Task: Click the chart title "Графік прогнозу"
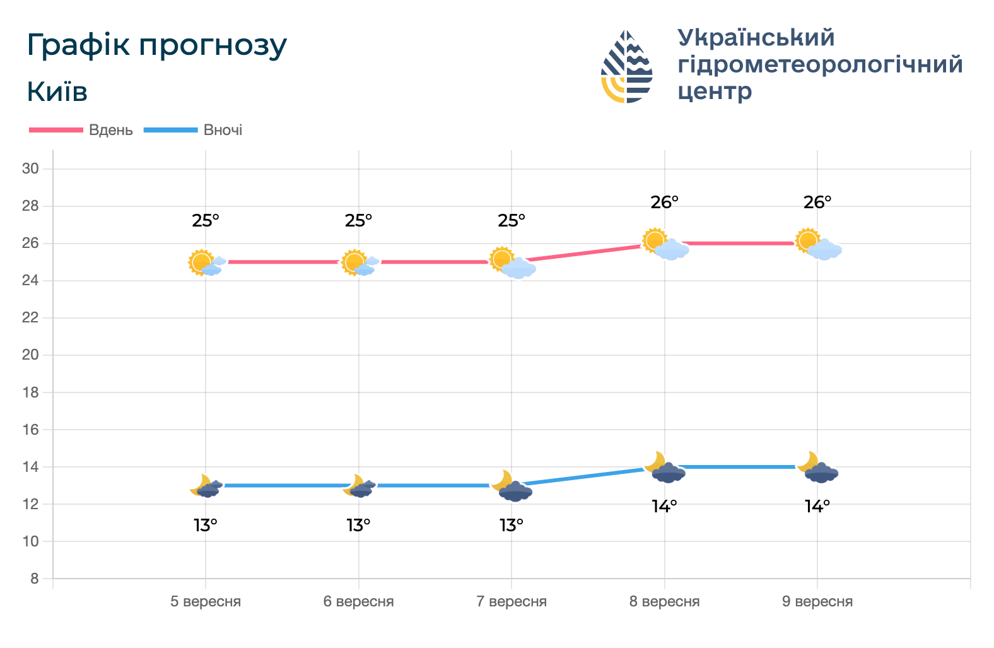coord(156,45)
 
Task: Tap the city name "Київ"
coord(57,92)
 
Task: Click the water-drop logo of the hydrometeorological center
coord(626,66)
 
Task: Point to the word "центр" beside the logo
coord(715,91)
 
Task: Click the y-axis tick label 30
coord(30,168)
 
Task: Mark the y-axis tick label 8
coord(34,579)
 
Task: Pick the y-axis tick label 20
coord(30,355)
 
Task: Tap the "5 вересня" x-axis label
coord(206,601)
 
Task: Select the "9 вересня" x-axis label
coord(817,601)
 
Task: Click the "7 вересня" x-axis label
coord(512,601)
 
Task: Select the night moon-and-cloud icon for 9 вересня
coord(817,468)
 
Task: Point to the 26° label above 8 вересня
coord(665,203)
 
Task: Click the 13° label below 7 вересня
coord(512,525)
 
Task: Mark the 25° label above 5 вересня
coord(206,221)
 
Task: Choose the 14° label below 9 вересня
coord(817,506)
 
